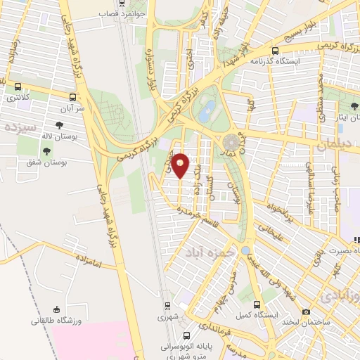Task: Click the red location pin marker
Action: coord(181,165)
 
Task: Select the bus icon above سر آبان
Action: coord(72,98)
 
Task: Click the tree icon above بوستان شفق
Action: coord(47,150)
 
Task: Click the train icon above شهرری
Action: coord(167,306)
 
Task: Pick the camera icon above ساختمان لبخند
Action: coord(306,311)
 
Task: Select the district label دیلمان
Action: coord(339,145)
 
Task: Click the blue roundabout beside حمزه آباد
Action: coord(244,250)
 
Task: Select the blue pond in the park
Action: coord(207,110)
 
